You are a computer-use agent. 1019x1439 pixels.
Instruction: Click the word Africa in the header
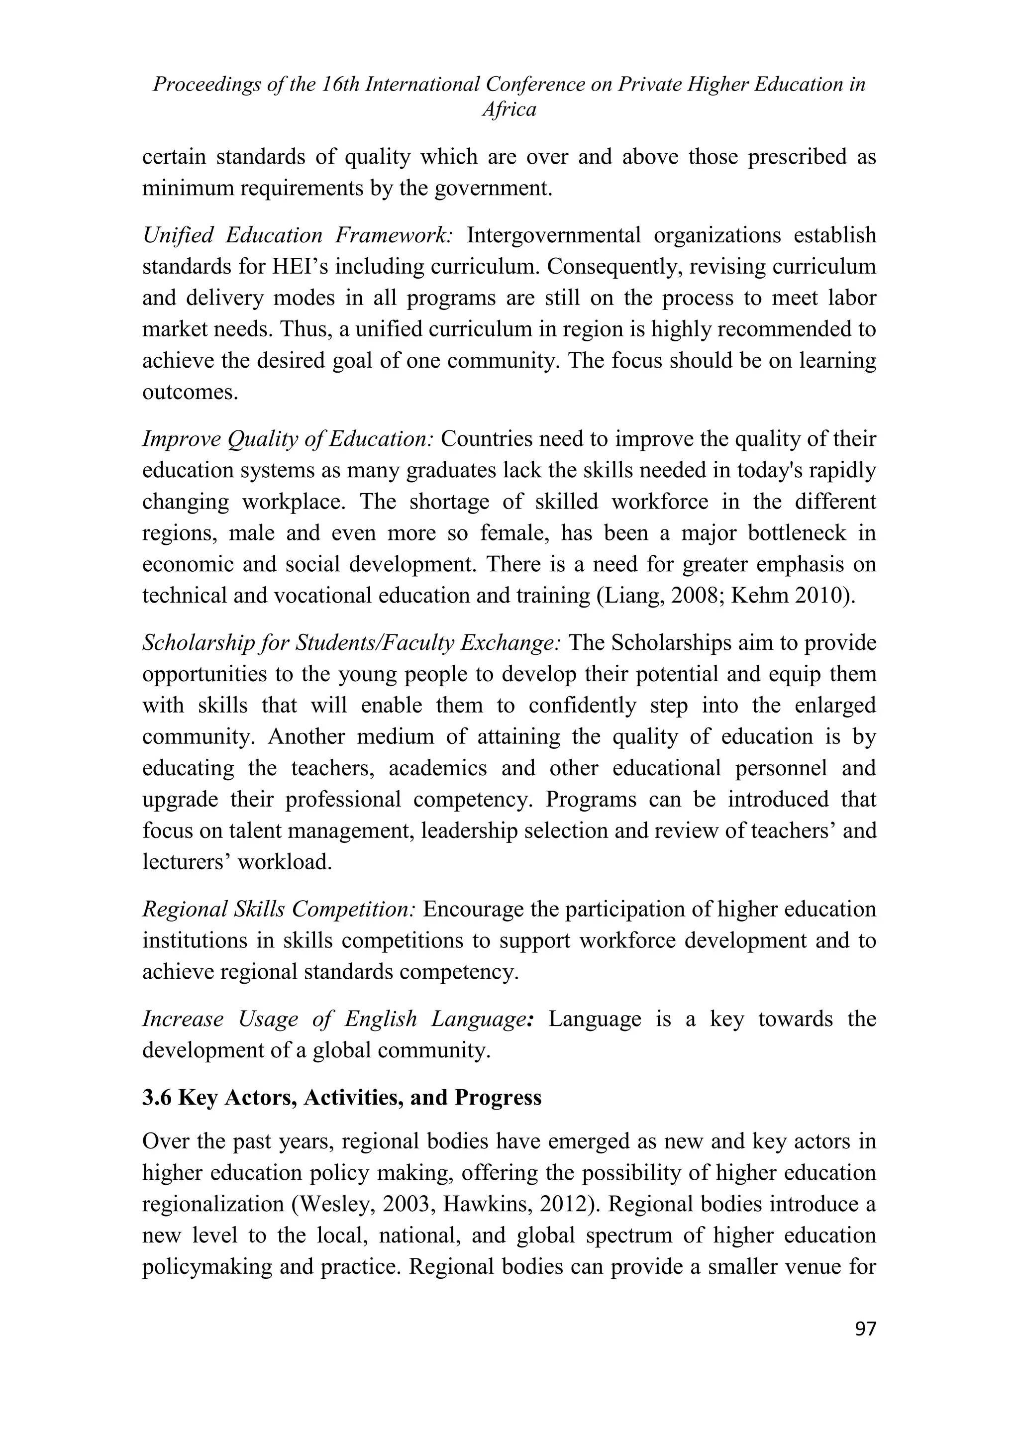point(509,110)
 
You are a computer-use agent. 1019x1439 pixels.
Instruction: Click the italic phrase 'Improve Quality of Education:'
point(288,439)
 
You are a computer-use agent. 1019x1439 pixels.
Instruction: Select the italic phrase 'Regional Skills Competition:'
point(279,910)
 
